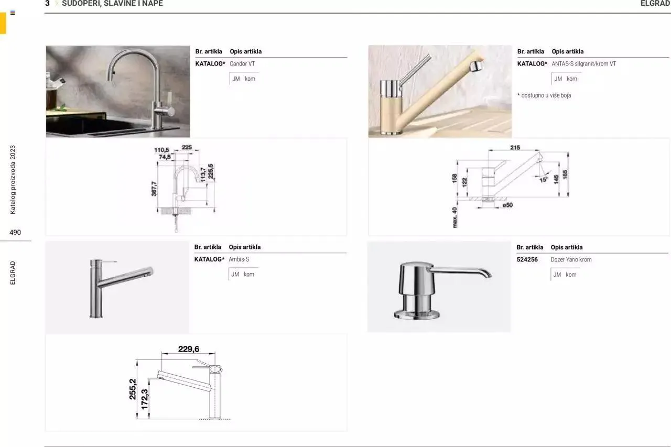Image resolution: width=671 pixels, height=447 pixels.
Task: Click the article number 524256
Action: (x=527, y=259)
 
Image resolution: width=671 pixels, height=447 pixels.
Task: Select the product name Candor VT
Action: (x=242, y=64)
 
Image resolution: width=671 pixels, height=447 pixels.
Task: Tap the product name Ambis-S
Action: (x=239, y=259)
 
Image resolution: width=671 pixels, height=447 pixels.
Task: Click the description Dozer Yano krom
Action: (x=571, y=259)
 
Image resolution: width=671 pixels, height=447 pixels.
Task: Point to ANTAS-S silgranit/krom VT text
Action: (x=583, y=64)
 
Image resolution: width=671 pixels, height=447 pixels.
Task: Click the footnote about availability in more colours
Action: (x=544, y=95)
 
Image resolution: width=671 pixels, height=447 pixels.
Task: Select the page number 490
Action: (x=15, y=232)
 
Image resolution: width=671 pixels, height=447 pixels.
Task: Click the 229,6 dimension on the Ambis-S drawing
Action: (x=188, y=349)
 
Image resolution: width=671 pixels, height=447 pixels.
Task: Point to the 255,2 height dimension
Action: (x=133, y=389)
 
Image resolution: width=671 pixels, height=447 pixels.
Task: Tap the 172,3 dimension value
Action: (x=145, y=399)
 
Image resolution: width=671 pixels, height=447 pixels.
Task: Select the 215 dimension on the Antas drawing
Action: (x=515, y=148)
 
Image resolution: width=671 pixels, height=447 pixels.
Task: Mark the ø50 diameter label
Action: (x=507, y=205)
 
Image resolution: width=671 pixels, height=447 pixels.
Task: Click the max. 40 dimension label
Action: (x=455, y=216)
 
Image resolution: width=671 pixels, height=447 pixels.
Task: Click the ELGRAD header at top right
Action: (x=655, y=4)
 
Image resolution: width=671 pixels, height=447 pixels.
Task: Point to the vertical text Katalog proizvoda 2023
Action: (x=13, y=179)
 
